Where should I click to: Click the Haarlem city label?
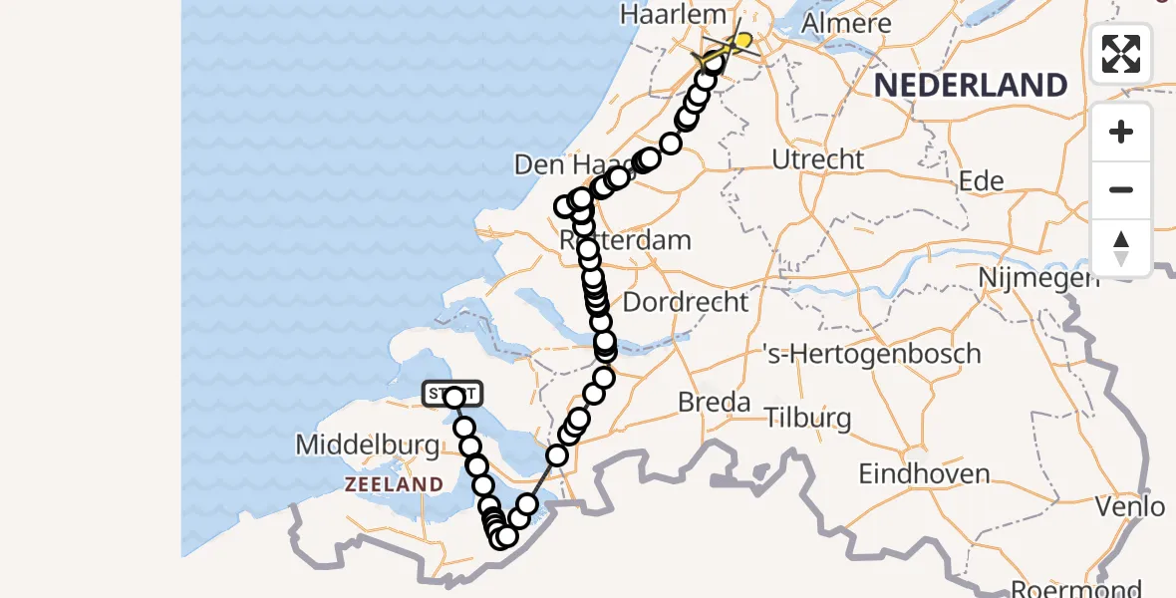tap(662, 15)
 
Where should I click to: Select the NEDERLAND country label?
tap(971, 85)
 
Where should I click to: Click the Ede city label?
tap(981, 180)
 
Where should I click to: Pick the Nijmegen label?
tap(1039, 277)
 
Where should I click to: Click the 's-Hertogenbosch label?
tap(871, 354)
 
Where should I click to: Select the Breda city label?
tap(714, 403)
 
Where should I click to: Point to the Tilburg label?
tap(808, 417)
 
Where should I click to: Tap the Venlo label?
tap(1130, 506)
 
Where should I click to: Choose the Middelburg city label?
tap(368, 446)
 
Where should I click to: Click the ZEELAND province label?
tap(394, 484)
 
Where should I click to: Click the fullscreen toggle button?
tap(1121, 54)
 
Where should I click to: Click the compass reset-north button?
tap(1121, 248)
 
